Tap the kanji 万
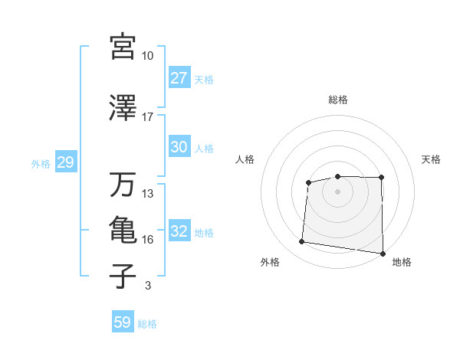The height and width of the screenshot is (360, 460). tap(123, 185)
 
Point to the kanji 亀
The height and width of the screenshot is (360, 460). tap(123, 231)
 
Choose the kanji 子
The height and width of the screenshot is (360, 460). tap(123, 277)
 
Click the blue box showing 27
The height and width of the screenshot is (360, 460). tap(179, 78)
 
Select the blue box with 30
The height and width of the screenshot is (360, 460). tap(179, 147)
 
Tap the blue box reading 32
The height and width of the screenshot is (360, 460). tap(179, 232)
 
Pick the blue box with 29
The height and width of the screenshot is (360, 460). tap(65, 163)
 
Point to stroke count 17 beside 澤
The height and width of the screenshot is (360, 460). tap(148, 116)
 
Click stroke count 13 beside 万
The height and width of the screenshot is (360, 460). tap(148, 194)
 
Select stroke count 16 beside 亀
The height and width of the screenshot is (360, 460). tap(148, 240)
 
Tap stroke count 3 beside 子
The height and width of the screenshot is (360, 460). tap(148, 286)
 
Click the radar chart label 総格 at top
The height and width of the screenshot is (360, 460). tap(338, 100)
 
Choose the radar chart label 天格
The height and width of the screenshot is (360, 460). tap(432, 159)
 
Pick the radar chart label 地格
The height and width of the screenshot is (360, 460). tap(402, 263)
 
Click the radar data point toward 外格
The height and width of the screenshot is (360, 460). tap(302, 242)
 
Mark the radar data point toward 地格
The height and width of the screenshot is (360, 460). tap(383, 254)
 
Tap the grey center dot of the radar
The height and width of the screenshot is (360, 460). tap(338, 191)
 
